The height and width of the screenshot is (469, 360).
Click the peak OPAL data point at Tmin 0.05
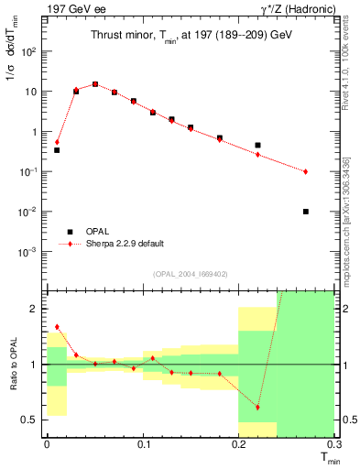(x=95, y=84)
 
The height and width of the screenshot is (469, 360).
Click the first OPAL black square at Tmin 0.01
(x=57, y=149)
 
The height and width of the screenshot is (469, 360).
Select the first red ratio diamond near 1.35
(x=57, y=326)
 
